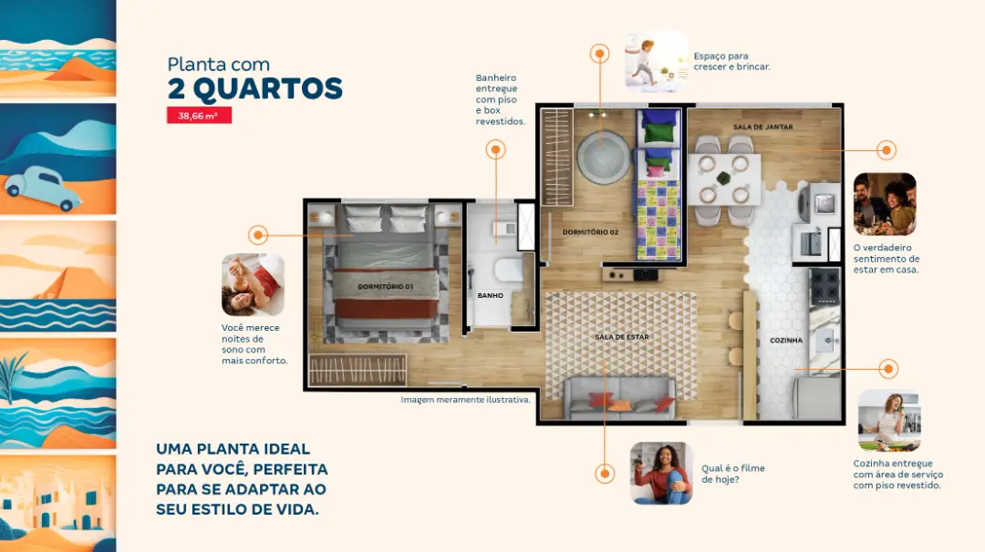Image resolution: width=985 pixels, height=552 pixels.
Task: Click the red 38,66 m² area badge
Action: pos(199,116)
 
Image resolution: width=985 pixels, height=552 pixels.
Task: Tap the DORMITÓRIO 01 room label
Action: pos(385,287)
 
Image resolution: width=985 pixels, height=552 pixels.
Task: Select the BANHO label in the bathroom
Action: pos(490,295)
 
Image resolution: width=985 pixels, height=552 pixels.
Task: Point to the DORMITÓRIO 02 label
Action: pos(590,232)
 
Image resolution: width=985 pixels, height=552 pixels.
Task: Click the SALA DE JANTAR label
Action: pos(762,127)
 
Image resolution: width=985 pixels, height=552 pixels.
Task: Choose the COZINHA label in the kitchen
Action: pos(786,341)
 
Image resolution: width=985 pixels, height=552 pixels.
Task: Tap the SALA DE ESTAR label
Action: pos(621,337)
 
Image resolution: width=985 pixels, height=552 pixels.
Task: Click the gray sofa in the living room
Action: pos(619,397)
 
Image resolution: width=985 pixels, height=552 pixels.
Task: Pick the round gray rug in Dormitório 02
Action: pos(603,157)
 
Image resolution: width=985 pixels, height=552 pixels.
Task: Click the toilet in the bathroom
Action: pos(508,271)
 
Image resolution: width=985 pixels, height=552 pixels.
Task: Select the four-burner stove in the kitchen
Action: pos(824,286)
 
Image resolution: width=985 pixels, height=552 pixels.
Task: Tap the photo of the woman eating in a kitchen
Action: pos(889,420)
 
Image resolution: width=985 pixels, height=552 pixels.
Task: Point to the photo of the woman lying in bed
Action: pos(254,285)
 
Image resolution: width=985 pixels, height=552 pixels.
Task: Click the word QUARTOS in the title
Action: pos(267,89)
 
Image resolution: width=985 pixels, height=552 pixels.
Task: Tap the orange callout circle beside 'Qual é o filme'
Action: pos(605,474)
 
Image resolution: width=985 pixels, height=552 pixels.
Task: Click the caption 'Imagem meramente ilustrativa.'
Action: pos(465,400)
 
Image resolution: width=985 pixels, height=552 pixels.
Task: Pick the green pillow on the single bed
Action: pos(658,133)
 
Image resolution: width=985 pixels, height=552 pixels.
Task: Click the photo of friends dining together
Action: pos(885,204)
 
